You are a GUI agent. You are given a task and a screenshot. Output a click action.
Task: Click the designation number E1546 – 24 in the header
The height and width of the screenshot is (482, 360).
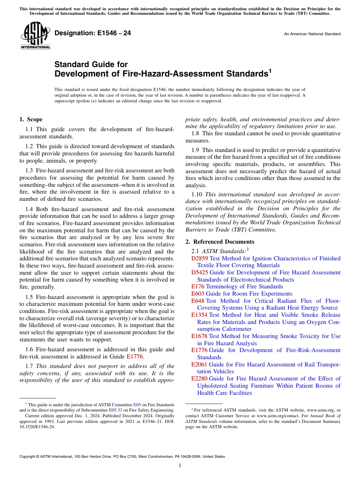(93, 33)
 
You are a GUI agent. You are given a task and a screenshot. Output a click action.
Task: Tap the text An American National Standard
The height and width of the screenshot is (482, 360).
(312, 34)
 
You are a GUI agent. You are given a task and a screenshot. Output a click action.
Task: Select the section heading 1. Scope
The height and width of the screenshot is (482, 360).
(31, 119)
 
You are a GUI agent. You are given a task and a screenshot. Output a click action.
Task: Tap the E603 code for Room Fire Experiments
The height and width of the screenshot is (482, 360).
(198, 294)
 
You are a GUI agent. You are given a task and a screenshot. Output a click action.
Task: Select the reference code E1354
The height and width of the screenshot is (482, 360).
(200, 315)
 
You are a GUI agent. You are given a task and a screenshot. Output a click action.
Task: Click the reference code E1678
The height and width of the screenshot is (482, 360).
(200, 336)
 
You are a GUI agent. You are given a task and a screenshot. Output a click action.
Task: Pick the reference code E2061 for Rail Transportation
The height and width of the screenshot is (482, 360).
(200, 365)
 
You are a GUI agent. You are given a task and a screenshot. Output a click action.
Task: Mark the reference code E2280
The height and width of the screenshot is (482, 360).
(200, 379)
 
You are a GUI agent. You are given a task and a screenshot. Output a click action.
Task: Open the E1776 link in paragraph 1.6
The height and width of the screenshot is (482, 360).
(135, 356)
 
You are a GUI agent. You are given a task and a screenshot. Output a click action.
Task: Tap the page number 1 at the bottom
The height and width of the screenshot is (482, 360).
(180, 466)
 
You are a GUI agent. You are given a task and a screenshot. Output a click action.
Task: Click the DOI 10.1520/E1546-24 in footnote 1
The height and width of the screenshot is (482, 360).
(37, 426)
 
